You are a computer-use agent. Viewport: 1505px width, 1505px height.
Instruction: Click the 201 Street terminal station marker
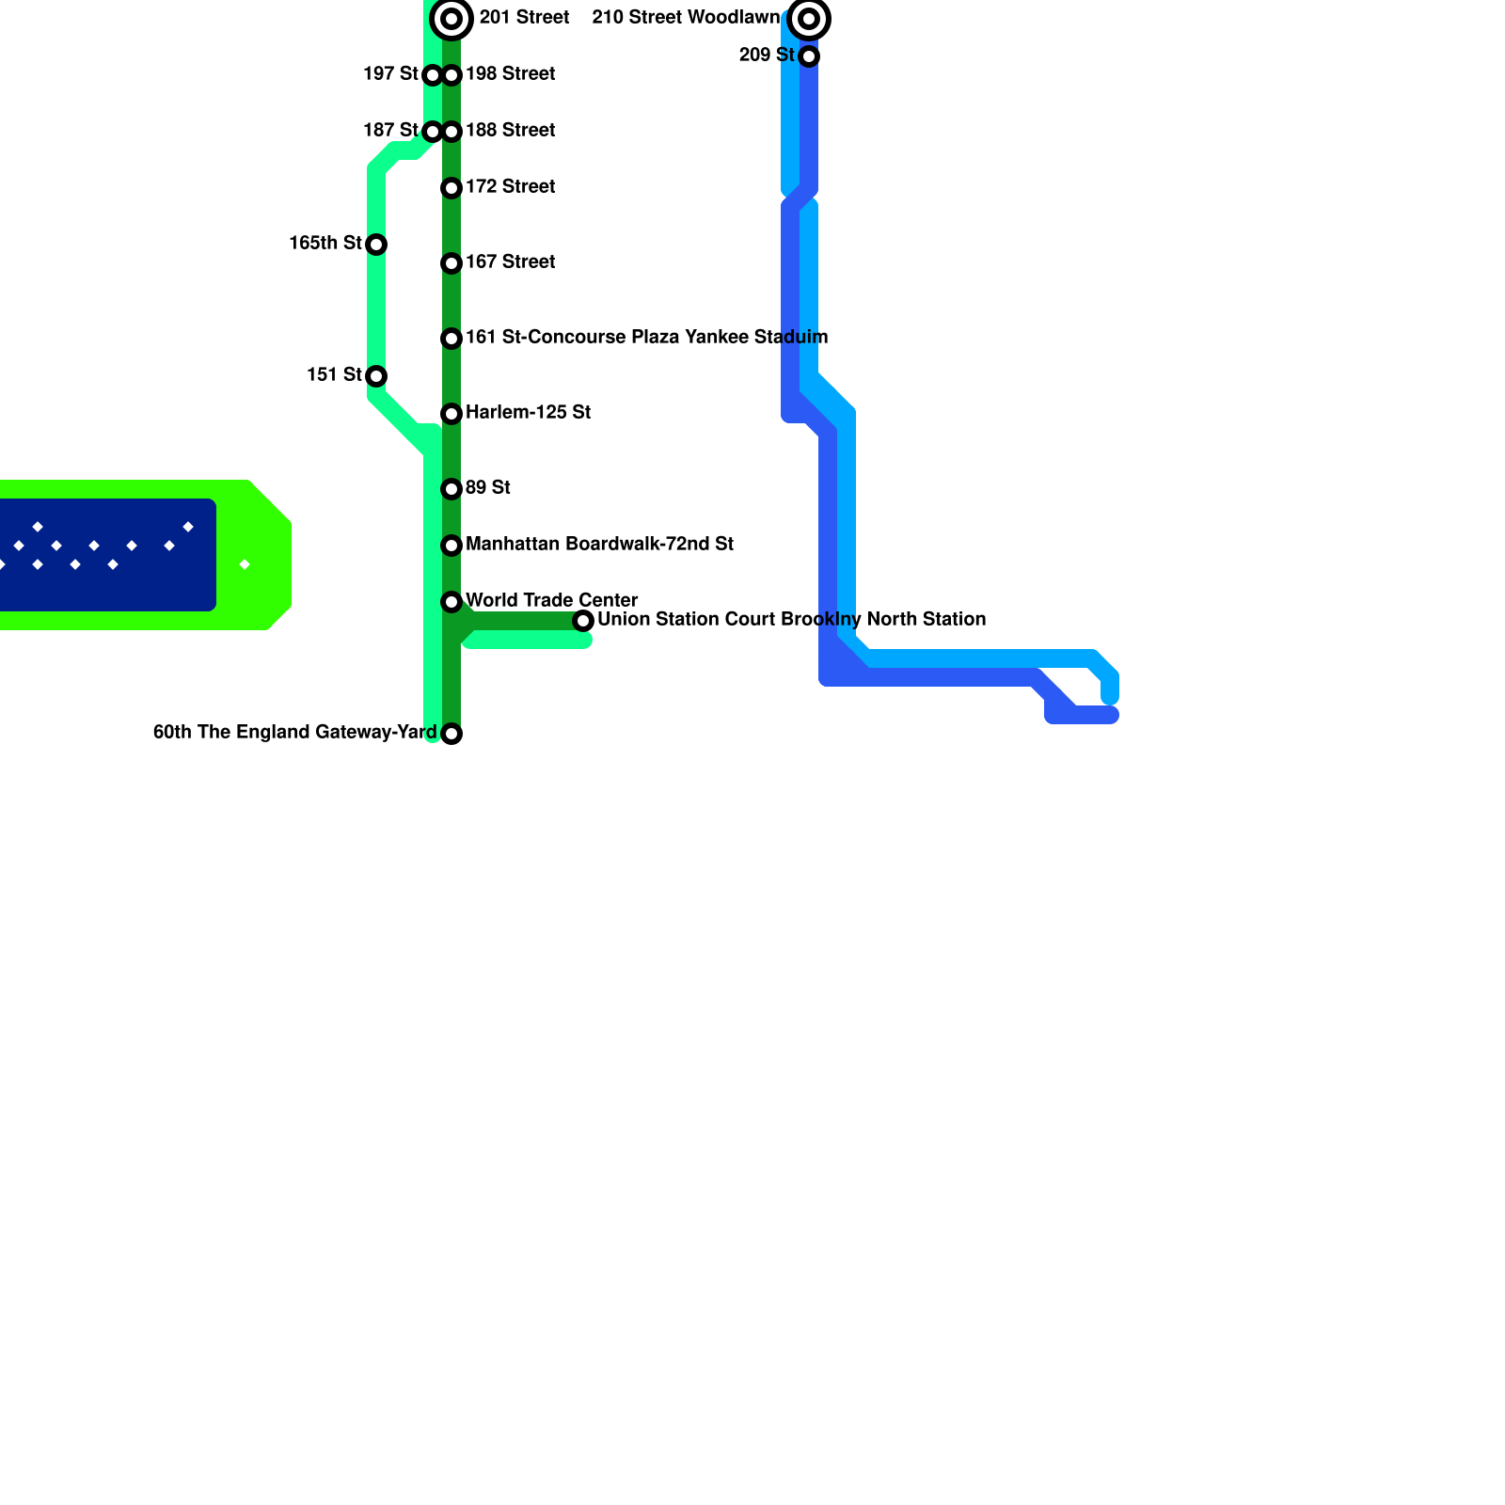point(451,19)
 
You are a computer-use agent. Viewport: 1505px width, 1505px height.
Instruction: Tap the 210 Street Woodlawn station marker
point(809,19)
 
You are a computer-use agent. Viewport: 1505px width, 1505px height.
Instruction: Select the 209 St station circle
point(809,56)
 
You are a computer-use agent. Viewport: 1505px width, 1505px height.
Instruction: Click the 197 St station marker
point(433,75)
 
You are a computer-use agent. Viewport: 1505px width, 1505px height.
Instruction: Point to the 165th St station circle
point(376,245)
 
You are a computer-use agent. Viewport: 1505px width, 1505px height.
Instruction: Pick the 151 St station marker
point(376,376)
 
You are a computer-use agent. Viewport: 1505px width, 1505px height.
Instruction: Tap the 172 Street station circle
point(451,188)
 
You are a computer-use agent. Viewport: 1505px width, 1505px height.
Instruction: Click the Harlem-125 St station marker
point(451,414)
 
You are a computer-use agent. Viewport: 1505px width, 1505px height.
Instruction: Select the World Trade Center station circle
point(451,602)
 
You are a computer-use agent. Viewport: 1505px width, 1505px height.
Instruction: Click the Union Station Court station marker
point(583,621)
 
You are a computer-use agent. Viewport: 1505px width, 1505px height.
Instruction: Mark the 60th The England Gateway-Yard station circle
point(451,734)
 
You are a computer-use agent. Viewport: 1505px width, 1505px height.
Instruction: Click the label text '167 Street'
point(510,261)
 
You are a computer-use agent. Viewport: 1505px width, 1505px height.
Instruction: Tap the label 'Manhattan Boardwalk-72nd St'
point(599,544)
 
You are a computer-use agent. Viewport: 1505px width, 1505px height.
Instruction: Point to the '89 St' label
point(487,487)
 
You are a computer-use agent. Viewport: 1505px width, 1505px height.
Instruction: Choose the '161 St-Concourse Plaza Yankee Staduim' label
point(646,337)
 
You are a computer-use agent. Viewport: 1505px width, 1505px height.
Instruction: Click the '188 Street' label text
point(510,130)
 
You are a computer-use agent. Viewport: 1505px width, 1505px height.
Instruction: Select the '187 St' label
point(390,130)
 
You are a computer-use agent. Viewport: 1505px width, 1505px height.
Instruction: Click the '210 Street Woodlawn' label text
point(686,17)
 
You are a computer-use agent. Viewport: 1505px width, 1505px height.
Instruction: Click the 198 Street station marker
point(451,75)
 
